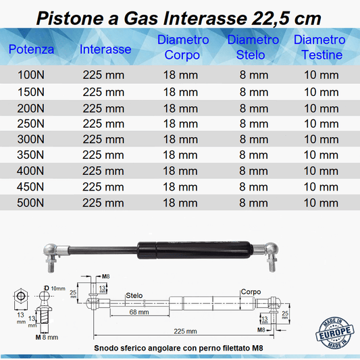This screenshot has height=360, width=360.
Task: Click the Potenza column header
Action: point(31,49)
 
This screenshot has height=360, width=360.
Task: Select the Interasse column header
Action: point(105,49)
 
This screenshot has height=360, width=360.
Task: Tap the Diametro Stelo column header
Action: point(253,47)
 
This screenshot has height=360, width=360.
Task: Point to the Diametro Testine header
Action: point(319,47)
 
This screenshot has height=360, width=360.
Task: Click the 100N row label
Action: point(31,75)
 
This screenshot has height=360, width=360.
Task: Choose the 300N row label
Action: point(31,139)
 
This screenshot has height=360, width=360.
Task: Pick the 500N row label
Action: point(30,203)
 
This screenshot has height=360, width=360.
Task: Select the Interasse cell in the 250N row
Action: point(103,124)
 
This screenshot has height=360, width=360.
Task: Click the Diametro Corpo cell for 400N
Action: point(180,171)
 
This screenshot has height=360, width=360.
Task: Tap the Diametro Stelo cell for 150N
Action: point(254,92)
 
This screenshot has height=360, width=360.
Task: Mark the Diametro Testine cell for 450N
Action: point(321,187)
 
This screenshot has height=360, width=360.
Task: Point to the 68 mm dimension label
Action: point(139,312)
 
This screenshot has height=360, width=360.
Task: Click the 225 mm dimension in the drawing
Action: point(185,331)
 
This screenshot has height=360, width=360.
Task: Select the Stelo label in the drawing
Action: point(134,295)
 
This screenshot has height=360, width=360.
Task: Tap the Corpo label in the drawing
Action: point(251,292)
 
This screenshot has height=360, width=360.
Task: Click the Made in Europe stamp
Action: point(335,333)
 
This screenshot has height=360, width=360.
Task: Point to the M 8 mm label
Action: point(47,337)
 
